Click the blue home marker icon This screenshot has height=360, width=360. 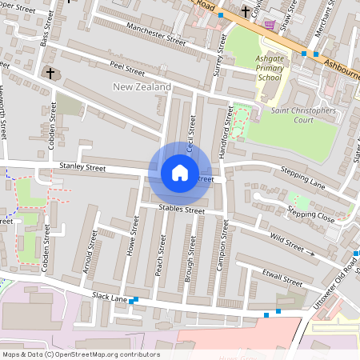point(180,172)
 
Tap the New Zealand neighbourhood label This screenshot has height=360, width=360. point(142,86)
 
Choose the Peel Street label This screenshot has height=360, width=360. point(127,68)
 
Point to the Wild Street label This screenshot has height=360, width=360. point(288,238)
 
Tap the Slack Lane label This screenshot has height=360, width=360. point(110,298)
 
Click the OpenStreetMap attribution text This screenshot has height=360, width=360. point(80,354)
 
